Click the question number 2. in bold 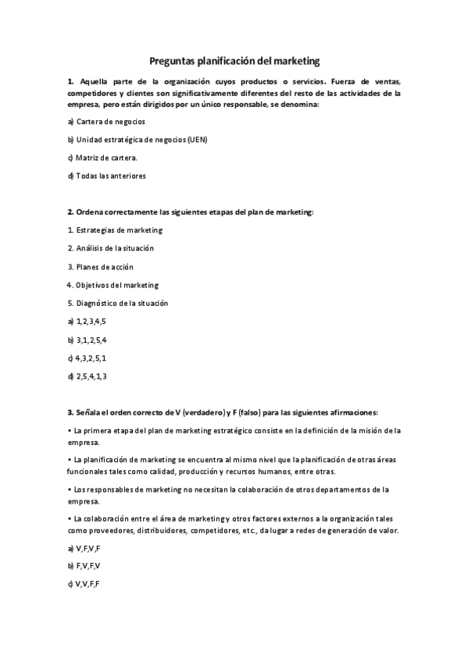pos(71,212)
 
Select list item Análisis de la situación pos(115,247)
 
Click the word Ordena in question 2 pos(91,212)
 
